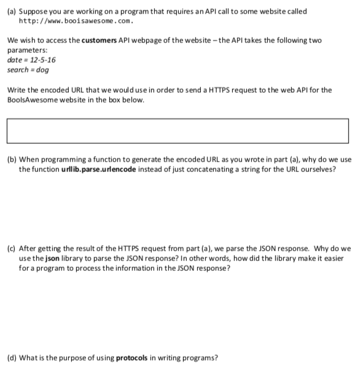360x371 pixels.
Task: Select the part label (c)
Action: [10, 249]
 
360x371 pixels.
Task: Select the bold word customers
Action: [101, 40]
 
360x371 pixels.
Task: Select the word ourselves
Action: [319, 169]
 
